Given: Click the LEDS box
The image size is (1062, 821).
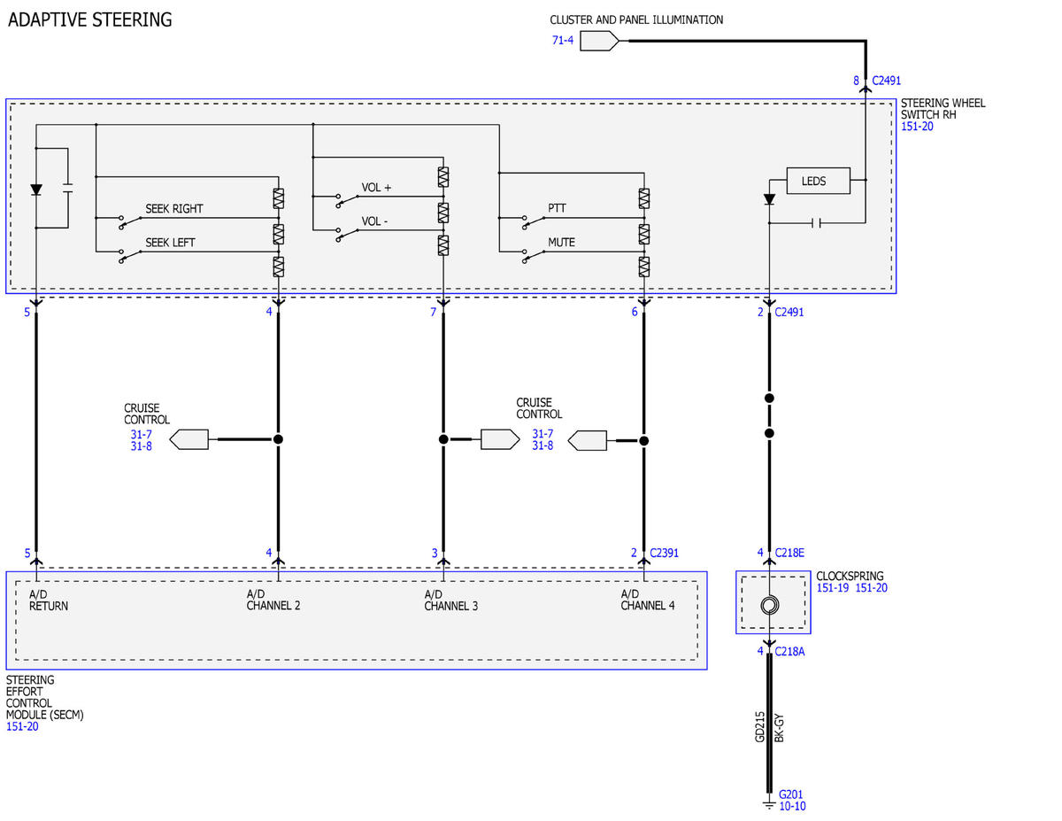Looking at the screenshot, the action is pos(818,181).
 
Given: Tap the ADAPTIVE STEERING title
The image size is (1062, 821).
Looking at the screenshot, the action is pos(90,20).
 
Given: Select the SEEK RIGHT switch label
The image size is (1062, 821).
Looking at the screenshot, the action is pos(174,209).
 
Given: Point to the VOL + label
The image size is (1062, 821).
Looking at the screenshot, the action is pos(376,188).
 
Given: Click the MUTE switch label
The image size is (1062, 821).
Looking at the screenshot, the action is pos(561,243).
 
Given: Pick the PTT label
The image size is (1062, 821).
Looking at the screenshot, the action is pos(557,208).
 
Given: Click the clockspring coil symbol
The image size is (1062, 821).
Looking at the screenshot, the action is pos(769,606).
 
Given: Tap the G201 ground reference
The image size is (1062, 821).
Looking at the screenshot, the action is pos(790,794).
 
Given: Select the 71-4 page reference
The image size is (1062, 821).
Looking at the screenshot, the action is pos(563,41).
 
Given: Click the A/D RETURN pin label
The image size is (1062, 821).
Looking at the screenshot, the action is pos(49,600).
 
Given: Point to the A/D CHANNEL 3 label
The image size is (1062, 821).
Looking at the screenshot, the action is pos(450,600).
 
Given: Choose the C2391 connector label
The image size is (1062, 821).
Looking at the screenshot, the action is pos(664,553).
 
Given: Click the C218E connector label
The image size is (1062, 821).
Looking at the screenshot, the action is pos(789,553).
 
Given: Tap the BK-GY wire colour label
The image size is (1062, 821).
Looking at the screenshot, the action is pos(779,728).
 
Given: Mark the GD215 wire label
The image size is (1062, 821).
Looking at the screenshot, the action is pos(759,726).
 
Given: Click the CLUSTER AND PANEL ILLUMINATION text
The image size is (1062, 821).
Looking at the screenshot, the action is pos(636,20).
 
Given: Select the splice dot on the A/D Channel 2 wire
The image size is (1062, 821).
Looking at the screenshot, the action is pos(278,439).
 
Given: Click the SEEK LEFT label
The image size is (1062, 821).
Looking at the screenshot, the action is pos(170,243).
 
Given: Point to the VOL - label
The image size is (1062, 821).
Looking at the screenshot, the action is pos(374,221).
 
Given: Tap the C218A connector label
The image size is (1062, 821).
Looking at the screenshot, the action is pos(789,652).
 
